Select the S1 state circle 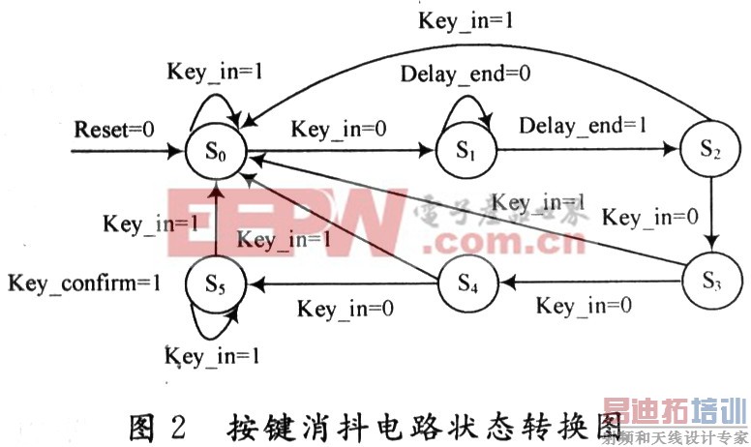pos(466,151)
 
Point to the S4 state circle pos(467,284)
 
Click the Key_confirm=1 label pos(85,283)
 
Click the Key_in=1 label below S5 pos(214,355)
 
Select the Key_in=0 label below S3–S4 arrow pos(585,307)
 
